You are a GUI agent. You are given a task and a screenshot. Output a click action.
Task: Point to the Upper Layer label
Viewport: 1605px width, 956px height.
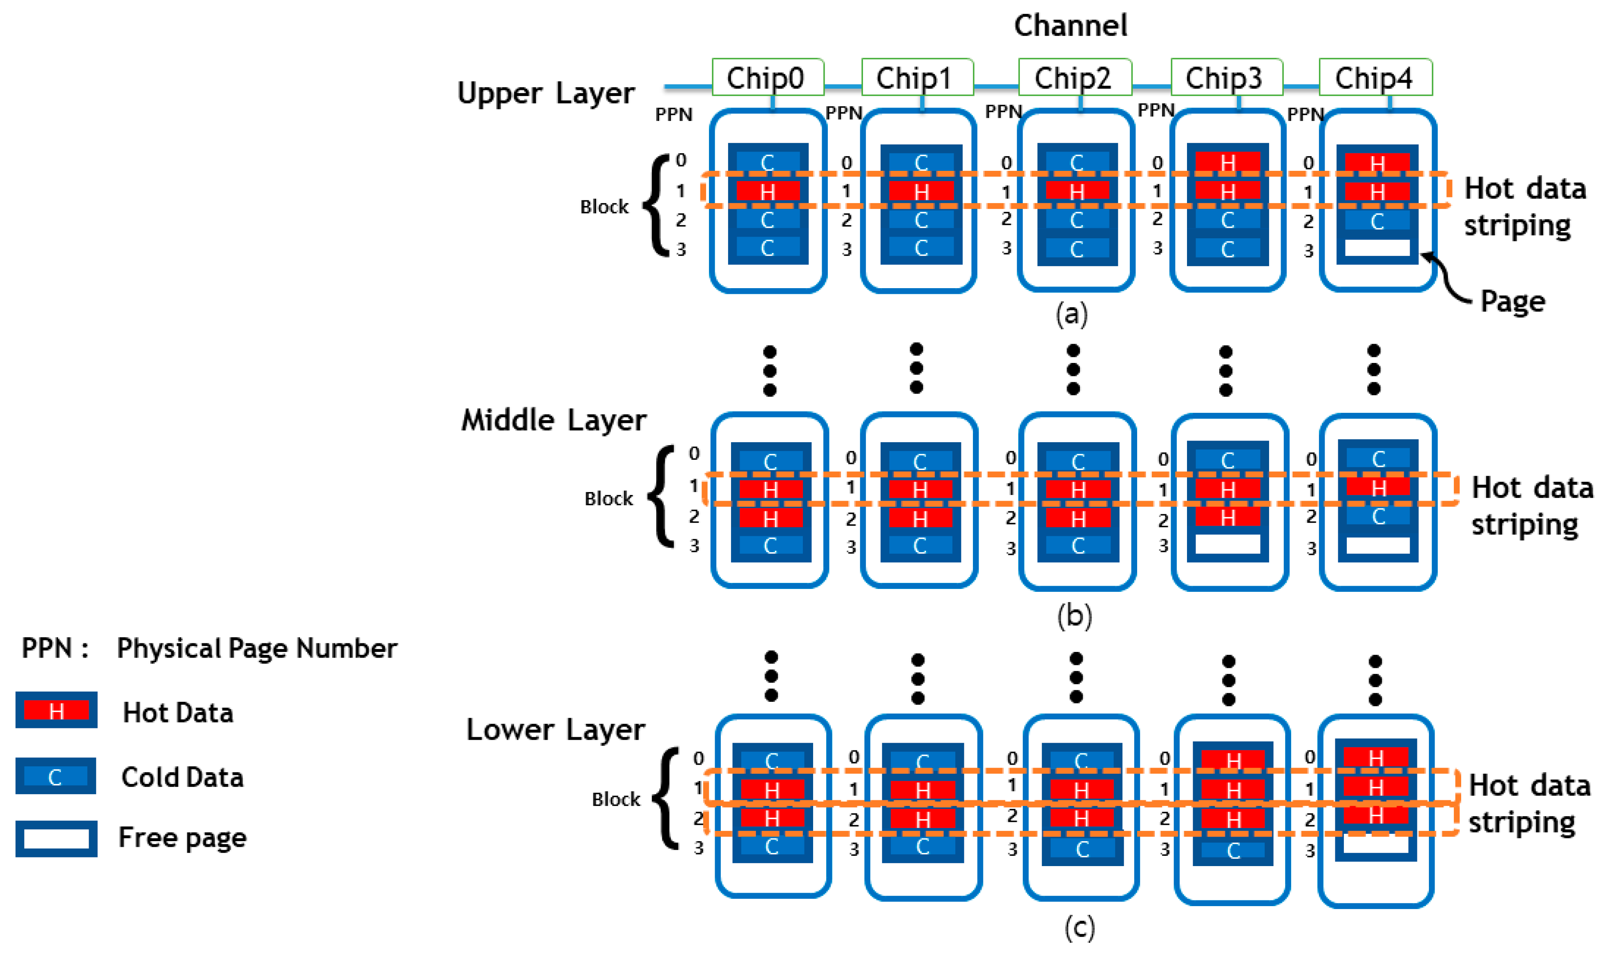(545, 94)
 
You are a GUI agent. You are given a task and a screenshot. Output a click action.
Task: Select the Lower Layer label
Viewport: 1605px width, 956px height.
(555, 730)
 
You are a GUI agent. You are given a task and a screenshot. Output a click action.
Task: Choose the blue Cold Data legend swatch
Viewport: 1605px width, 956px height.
(56, 776)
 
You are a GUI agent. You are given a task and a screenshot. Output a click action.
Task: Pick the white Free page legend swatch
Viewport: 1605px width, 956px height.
(56, 839)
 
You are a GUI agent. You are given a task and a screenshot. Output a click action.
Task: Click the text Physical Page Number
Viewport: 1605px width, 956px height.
(256, 648)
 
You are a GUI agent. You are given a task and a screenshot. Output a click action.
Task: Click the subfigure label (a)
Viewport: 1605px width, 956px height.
(1071, 314)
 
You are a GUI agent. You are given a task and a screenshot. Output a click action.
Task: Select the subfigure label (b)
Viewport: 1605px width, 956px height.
(1074, 616)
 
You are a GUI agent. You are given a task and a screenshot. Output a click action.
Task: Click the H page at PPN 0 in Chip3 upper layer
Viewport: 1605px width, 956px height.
(1227, 163)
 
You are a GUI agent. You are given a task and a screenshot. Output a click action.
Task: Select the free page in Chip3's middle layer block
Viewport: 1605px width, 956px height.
(1227, 544)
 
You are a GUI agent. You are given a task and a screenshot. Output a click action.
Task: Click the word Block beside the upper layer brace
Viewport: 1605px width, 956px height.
(604, 207)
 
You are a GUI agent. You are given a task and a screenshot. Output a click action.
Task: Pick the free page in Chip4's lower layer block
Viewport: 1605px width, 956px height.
(1376, 844)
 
